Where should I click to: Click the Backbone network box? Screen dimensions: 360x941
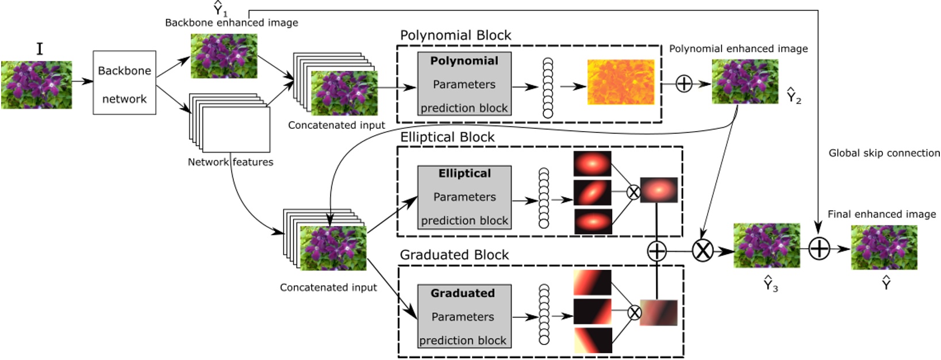coord(124,82)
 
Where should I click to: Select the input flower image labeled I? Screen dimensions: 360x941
coord(37,85)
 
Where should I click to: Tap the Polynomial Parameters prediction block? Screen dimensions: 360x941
coord(464,84)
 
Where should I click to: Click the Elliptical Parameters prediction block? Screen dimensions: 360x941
coord(464,197)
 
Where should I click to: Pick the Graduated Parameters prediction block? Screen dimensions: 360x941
coord(463,316)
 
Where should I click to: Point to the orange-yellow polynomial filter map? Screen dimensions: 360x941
coord(620,82)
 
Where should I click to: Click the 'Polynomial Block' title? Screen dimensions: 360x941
coord(455,36)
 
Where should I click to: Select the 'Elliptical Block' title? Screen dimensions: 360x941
coord(447,137)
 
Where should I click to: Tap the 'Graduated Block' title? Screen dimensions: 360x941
coord(454,255)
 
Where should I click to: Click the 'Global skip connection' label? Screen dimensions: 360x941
coord(884,153)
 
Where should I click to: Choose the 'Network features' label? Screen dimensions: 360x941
coord(230,162)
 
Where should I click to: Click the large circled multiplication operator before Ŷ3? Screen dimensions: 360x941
coord(702,250)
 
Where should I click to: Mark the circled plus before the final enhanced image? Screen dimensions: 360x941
coord(819,249)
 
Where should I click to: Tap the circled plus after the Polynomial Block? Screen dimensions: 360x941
coord(683,84)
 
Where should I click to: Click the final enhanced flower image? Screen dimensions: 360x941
coord(884,247)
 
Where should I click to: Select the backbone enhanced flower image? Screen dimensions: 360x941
coord(224,56)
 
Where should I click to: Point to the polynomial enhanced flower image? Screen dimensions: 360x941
coord(745,82)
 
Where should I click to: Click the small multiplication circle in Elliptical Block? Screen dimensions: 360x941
coord(633,192)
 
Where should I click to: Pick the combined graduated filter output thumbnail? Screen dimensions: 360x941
coord(659,313)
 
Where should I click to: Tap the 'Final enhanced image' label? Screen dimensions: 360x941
coord(881,215)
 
